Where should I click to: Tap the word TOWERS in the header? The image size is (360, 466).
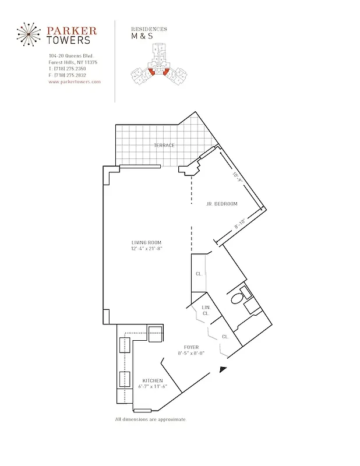69,41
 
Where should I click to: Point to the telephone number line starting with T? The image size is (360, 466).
68,69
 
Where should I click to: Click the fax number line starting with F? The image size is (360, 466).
68,75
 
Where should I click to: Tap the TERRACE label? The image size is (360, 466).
164,145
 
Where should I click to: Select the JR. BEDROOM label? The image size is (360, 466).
222,204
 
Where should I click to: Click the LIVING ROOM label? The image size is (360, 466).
146,242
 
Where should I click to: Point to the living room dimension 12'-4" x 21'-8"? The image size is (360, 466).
146,249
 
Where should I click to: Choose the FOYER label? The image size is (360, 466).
191,347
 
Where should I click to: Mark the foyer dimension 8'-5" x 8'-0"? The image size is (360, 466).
191,354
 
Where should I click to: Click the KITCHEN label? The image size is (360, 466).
152,380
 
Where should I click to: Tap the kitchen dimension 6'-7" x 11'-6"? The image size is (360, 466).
152,387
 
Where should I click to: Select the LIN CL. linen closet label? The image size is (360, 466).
206,310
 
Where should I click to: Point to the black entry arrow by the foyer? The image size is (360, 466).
223,369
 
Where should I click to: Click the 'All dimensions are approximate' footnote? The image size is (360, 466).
150,419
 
